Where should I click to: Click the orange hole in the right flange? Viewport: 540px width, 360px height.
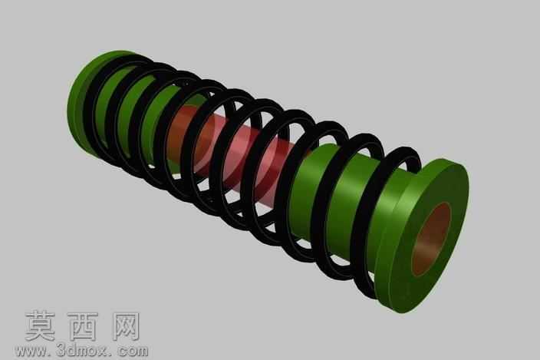(431, 239)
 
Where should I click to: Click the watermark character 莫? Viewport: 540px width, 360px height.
(41, 326)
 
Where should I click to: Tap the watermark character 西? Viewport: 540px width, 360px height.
(83, 326)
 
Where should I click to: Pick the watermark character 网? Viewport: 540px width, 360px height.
(126, 326)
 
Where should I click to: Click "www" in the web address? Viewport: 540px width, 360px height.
(31, 352)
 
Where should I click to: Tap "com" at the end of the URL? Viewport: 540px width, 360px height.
(133, 352)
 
